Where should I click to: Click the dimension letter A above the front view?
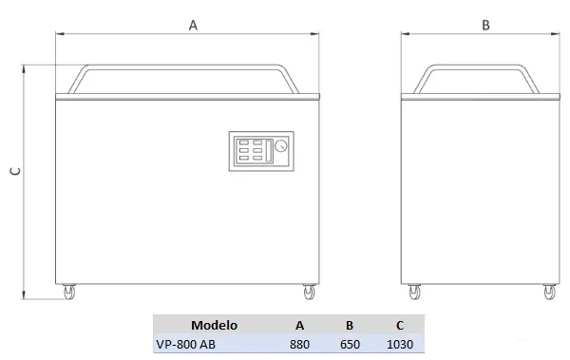click(x=193, y=25)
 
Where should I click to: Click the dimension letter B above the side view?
click(x=485, y=25)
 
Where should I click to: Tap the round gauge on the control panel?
click(x=280, y=146)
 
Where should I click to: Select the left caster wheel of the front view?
click(x=69, y=292)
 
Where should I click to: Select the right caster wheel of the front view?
click(x=309, y=292)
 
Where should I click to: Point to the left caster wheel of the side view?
click(x=414, y=292)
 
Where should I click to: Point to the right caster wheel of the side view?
click(x=550, y=292)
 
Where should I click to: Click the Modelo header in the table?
click(x=214, y=325)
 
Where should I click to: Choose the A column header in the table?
click(x=299, y=325)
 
